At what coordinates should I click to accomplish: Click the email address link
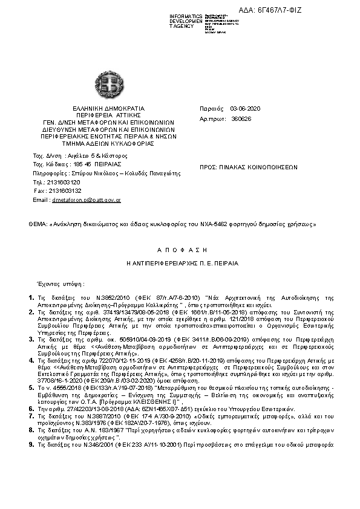click(x=86, y=199)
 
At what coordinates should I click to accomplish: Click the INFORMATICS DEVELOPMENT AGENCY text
click(x=186, y=21)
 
